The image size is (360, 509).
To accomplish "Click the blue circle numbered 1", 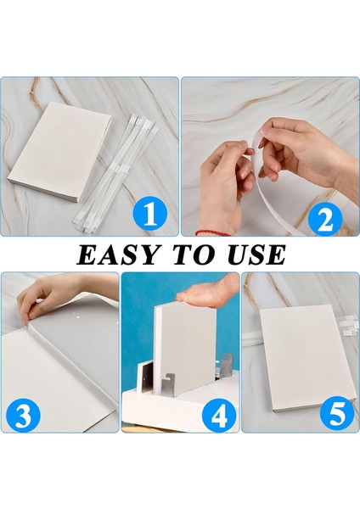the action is coord(150,214).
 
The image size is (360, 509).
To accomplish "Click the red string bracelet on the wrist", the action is coord(213,232).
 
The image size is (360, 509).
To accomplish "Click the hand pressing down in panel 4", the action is coord(208,290).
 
